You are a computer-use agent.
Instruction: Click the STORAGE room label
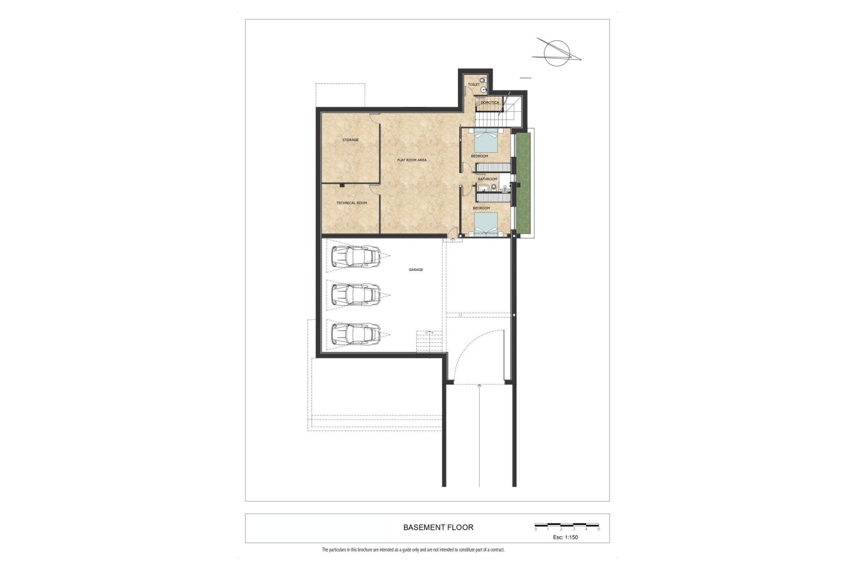(350, 140)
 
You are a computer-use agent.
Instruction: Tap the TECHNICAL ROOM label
(352, 203)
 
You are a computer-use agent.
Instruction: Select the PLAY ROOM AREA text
(412, 160)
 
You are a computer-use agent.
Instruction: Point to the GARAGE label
(416, 270)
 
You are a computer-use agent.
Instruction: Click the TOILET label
(474, 85)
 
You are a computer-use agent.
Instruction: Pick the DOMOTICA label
(490, 103)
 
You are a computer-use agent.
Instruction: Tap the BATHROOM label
(488, 179)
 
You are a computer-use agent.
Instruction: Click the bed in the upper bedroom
(485, 140)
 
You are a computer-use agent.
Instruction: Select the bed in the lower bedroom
(485, 224)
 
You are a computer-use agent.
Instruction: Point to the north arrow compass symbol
(557, 54)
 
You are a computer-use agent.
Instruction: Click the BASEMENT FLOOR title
(438, 527)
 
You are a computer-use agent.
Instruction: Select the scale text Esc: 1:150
(566, 537)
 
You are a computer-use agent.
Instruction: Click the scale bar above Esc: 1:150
(567, 525)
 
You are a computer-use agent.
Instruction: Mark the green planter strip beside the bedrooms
(524, 183)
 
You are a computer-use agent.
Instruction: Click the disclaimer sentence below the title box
(413, 550)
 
